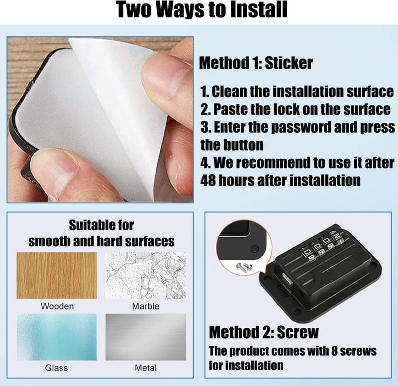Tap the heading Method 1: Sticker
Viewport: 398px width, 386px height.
click(x=256, y=63)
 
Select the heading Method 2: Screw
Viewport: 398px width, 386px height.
click(x=264, y=332)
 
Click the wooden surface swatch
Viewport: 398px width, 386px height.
click(x=57, y=276)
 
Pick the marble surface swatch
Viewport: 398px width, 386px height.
click(x=146, y=276)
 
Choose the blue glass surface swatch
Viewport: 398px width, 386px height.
click(x=57, y=337)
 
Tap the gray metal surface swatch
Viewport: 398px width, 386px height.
click(x=146, y=337)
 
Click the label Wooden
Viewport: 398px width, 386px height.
click(x=57, y=306)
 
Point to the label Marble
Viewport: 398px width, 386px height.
click(x=146, y=306)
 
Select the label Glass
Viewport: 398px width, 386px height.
click(x=56, y=368)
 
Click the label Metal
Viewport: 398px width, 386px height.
click(x=146, y=368)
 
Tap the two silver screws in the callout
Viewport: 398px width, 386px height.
click(x=244, y=267)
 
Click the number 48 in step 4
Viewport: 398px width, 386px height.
click(x=207, y=181)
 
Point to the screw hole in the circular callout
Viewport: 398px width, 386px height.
click(x=254, y=248)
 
